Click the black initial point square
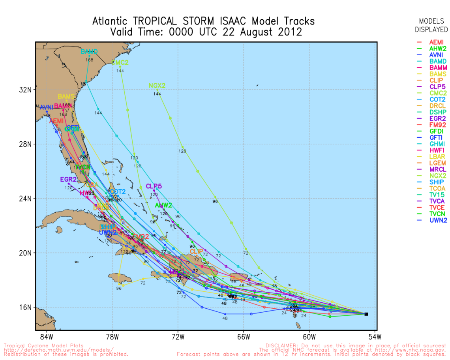click(366, 314)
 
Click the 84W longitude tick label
click(47, 337)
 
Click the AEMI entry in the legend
click(436, 42)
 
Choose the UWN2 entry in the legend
click(437, 220)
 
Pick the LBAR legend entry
click(437, 157)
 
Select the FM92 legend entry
click(437, 125)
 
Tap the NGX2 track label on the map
click(157, 86)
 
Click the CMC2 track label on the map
click(120, 62)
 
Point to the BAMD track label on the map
click(89, 51)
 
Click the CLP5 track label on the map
click(154, 186)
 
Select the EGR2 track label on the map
click(68, 179)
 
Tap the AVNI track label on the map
click(47, 107)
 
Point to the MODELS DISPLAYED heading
click(431, 25)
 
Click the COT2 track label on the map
click(118, 192)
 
